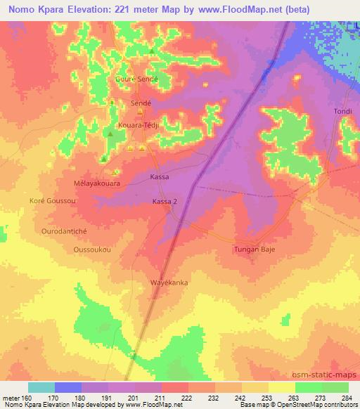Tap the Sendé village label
(141, 102)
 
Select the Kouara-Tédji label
(139, 125)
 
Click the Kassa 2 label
(165, 202)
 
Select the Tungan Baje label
(253, 249)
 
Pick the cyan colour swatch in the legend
(41, 387)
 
